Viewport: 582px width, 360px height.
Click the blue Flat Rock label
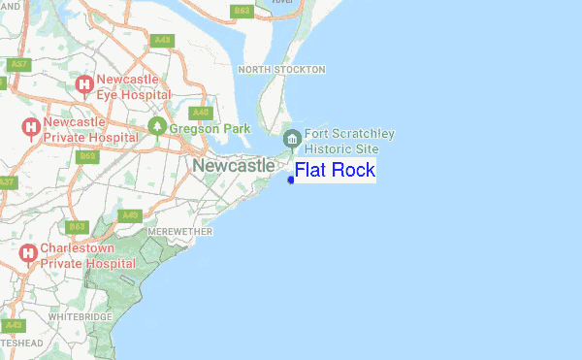click(x=335, y=171)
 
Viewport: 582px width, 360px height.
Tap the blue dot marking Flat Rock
click(x=291, y=179)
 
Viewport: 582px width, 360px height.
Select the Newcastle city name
click(x=233, y=166)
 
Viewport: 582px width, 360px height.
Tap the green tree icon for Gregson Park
click(x=157, y=127)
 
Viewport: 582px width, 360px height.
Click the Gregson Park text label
click(x=210, y=128)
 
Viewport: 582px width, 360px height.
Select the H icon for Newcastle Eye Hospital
click(x=84, y=86)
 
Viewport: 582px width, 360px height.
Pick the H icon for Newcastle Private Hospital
click(x=30, y=127)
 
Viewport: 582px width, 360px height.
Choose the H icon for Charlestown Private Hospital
click(x=30, y=254)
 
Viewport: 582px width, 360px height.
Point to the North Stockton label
click(x=281, y=70)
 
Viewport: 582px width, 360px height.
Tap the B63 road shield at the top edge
click(x=242, y=11)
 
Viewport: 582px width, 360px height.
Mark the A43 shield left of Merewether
click(x=131, y=215)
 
